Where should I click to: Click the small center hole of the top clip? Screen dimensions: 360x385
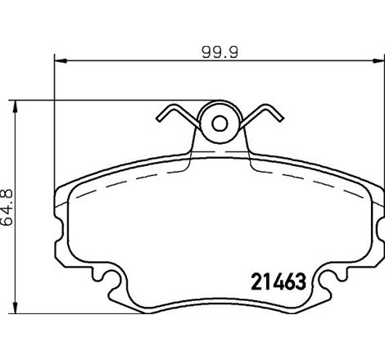pos(219,124)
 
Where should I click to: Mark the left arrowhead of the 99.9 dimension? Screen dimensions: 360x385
pos(59,60)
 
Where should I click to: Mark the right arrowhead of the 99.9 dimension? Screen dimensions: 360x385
pos(378,60)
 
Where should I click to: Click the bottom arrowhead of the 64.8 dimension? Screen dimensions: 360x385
pos(17,313)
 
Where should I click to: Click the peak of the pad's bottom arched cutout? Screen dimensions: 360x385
pos(219,295)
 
